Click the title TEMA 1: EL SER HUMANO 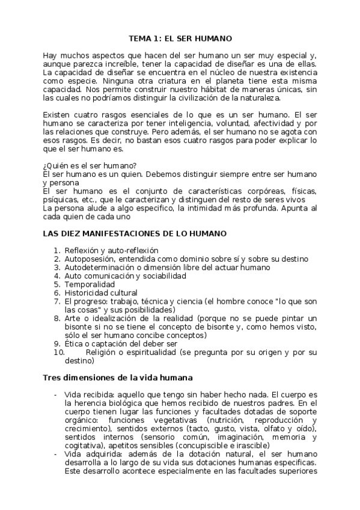pyautogui.click(x=180, y=38)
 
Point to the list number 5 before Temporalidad pyautogui.click(x=57, y=284)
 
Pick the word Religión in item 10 pyautogui.click(x=102, y=352)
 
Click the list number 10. pyautogui.click(x=58, y=352)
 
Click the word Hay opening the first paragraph pyautogui.click(x=50, y=55)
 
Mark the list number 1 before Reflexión pyautogui.click(x=57, y=250)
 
